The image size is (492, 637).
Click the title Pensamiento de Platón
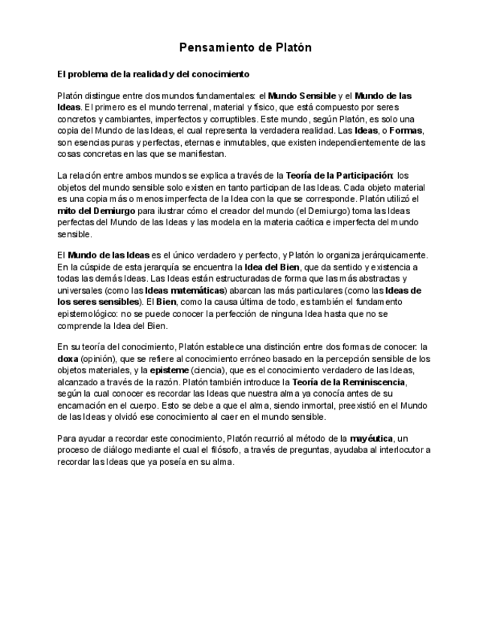pyautogui.click(x=246, y=48)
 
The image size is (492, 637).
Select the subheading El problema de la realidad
pyautogui.click(x=153, y=74)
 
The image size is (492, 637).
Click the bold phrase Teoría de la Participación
pyautogui.click(x=340, y=176)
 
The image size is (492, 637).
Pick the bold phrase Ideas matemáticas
pyautogui.click(x=185, y=290)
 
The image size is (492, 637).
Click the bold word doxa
pyautogui.click(x=68, y=359)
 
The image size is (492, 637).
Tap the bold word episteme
pyautogui.click(x=174, y=370)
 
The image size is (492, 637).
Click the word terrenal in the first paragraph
pyautogui.click(x=169, y=107)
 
